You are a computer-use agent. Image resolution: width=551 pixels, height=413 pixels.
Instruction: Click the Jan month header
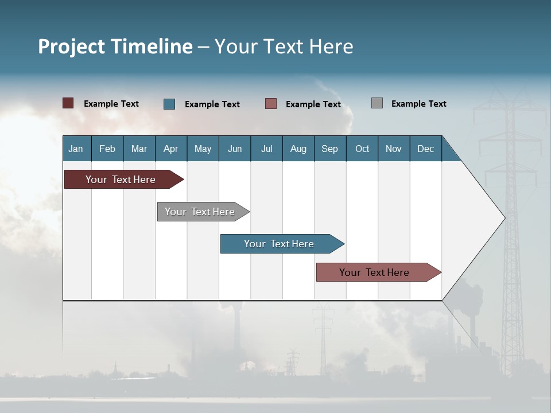(x=76, y=149)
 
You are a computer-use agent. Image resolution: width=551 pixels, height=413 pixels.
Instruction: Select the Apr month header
(x=171, y=149)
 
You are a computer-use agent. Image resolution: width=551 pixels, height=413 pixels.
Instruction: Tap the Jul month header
(x=267, y=149)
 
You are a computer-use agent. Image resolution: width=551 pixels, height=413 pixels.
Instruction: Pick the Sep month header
(x=330, y=149)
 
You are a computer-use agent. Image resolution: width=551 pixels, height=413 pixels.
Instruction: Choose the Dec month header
(x=426, y=149)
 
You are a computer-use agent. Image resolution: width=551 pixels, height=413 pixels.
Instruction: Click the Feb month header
(x=107, y=149)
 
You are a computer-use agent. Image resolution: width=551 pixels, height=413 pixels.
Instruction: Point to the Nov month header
(x=394, y=149)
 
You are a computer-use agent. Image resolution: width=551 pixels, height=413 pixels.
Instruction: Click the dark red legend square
(x=68, y=103)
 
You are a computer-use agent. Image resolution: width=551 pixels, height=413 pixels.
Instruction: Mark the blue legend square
(x=169, y=104)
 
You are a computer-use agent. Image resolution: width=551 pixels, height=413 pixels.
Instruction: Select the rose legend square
(x=271, y=104)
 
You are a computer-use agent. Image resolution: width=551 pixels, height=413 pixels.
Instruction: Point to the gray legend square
(x=377, y=103)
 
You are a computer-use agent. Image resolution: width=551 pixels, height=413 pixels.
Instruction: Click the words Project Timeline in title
(x=115, y=46)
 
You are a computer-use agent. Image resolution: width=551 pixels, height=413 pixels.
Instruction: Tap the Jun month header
(x=235, y=149)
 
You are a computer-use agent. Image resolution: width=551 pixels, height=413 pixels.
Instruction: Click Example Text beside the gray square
(x=419, y=103)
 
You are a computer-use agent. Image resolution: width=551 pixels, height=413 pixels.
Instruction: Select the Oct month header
(x=362, y=149)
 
